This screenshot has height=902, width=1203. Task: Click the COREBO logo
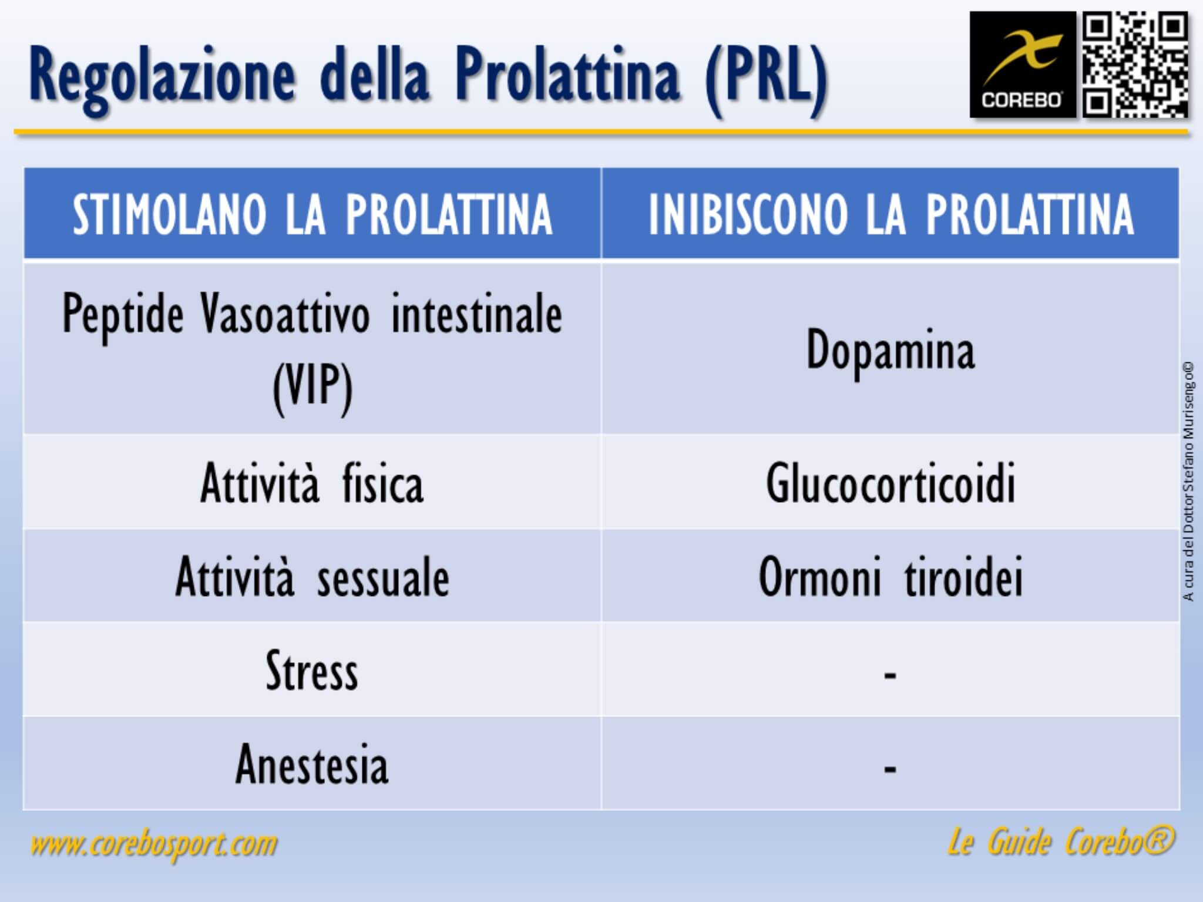pos(1022,65)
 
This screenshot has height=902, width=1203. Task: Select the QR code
pos(1135,65)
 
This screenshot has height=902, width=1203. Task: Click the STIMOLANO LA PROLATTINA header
pos(312,214)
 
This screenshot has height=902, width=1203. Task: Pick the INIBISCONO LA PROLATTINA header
pos(891,214)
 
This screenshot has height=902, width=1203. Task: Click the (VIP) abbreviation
pos(312,386)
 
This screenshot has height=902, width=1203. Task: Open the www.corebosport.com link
pos(154,844)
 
